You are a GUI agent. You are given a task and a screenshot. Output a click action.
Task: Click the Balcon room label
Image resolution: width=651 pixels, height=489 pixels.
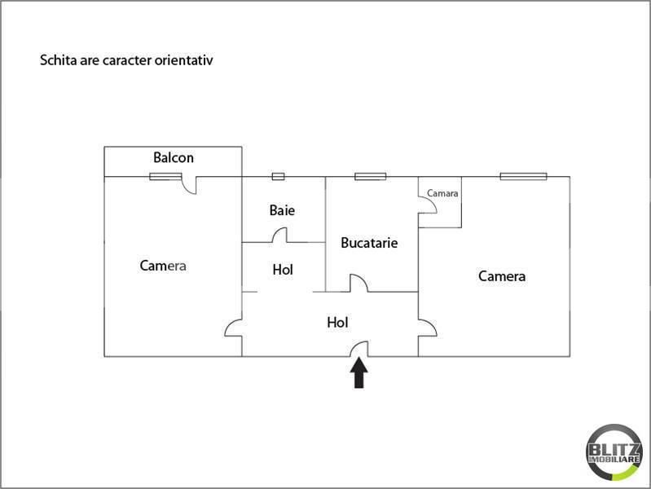click(173, 158)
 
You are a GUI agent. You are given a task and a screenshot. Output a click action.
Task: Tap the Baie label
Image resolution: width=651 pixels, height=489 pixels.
click(283, 210)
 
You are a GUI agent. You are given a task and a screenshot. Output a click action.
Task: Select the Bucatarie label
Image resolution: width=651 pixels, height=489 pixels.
click(369, 243)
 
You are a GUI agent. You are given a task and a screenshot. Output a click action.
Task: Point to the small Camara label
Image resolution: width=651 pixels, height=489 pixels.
click(442, 193)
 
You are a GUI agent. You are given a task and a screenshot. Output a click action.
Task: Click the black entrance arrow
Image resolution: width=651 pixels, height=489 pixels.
click(358, 373)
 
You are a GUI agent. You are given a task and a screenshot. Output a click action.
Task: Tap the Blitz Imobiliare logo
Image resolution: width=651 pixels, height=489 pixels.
click(614, 452)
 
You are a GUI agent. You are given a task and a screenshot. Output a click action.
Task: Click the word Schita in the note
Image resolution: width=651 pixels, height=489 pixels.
click(53, 60)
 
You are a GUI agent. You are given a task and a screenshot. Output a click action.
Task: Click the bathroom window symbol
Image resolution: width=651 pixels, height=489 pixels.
click(278, 177)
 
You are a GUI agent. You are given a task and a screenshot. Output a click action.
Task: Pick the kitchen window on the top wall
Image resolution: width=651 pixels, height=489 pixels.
click(371, 177)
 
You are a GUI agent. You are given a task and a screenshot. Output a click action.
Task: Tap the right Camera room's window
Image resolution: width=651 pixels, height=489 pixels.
click(524, 177)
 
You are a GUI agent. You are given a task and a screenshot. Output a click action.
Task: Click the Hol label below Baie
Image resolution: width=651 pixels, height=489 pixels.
click(283, 270)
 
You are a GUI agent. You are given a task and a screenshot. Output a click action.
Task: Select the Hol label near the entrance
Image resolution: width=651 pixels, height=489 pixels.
click(337, 323)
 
